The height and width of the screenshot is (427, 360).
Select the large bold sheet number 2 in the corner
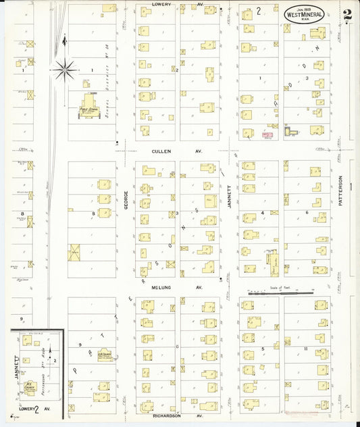[x=346, y=15]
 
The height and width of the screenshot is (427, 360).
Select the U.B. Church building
[x=104, y=353]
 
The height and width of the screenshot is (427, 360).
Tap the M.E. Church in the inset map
[x=30, y=386]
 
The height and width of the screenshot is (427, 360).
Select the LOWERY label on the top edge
[x=161, y=4]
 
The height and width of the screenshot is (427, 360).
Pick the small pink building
[x=267, y=135]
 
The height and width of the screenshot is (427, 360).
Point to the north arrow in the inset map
[x=49, y=360]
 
